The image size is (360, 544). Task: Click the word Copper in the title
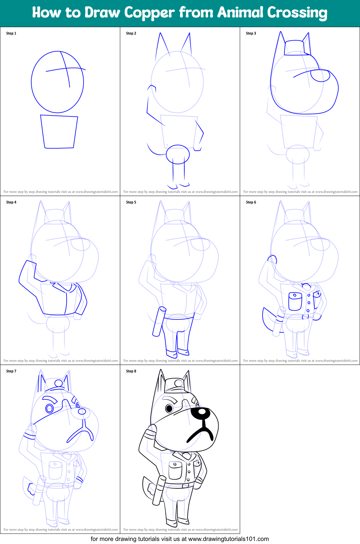pyautogui.click(x=149, y=13)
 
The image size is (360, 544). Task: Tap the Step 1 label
pyautogui.click(x=11, y=33)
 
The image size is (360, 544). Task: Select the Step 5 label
pyautogui.click(x=131, y=202)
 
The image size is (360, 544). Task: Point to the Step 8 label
pyautogui.click(x=131, y=371)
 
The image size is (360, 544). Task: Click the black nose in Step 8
pyautogui.click(x=202, y=412)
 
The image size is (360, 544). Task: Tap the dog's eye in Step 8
pyautogui.click(x=169, y=408)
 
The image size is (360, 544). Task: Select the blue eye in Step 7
pyautogui.click(x=50, y=408)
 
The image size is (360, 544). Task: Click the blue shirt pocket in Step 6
pyautogui.click(x=295, y=301)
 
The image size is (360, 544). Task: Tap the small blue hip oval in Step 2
pyautogui.click(x=178, y=154)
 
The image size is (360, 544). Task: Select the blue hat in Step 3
pyautogui.click(x=297, y=48)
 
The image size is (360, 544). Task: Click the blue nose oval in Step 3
pyautogui.click(x=320, y=76)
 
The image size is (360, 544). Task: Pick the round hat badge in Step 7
pyautogui.click(x=59, y=384)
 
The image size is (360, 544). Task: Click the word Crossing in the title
pyautogui.click(x=297, y=13)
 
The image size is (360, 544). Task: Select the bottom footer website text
pyautogui.click(x=180, y=539)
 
